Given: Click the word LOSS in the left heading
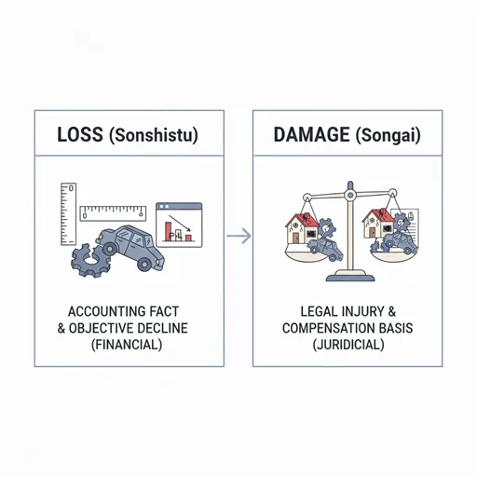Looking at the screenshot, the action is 80,134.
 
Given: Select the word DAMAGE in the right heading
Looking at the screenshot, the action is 311,134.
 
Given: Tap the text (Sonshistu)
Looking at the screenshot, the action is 154,135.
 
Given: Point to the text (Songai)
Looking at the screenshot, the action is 388,135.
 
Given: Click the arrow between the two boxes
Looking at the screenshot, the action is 238,236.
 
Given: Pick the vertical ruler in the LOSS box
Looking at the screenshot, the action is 68,214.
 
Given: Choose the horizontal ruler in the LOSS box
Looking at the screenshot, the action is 113,213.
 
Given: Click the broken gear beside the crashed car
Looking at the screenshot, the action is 89,260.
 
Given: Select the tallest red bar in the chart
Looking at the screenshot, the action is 168,231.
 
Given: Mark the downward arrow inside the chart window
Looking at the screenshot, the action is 180,224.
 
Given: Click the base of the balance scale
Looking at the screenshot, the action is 350,276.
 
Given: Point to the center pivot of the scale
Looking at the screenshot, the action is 350,195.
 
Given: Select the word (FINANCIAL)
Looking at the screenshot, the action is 127,345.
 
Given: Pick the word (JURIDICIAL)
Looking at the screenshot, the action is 348,345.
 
